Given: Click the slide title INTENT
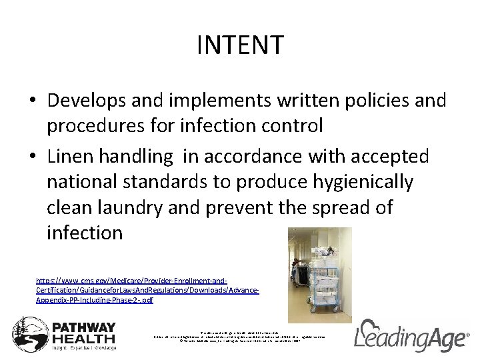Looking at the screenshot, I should tap(240, 46).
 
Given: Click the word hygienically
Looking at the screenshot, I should tap(361, 181).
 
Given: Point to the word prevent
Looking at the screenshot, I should tap(241, 207).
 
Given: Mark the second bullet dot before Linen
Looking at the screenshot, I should tap(33, 156).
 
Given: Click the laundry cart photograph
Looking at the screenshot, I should tap(319, 275).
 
